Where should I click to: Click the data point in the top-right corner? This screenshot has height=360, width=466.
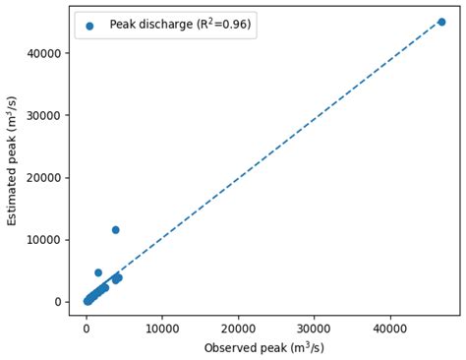click(x=441, y=22)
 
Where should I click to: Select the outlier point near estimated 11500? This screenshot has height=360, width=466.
click(x=115, y=230)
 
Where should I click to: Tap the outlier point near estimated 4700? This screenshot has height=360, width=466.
click(x=98, y=272)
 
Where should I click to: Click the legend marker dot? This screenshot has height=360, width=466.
click(x=89, y=26)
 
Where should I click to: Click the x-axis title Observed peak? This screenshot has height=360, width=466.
click(x=263, y=348)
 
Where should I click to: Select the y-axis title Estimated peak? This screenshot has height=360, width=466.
click(x=13, y=160)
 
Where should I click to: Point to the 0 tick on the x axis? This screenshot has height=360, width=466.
click(x=86, y=328)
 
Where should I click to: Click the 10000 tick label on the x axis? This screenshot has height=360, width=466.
click(x=161, y=328)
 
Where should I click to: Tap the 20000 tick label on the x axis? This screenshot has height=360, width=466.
click(x=238, y=328)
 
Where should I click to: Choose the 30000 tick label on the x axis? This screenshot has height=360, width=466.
click(x=314, y=328)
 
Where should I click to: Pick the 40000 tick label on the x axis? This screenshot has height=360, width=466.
click(x=390, y=328)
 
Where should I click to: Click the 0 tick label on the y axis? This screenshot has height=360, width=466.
click(x=58, y=302)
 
